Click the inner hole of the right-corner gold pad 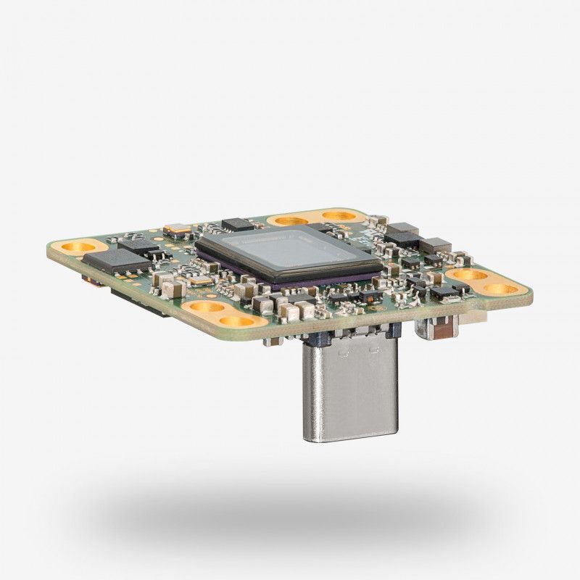[468, 275]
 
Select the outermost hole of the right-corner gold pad [501, 289]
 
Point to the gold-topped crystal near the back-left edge [176, 230]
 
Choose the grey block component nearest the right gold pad [435, 245]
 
